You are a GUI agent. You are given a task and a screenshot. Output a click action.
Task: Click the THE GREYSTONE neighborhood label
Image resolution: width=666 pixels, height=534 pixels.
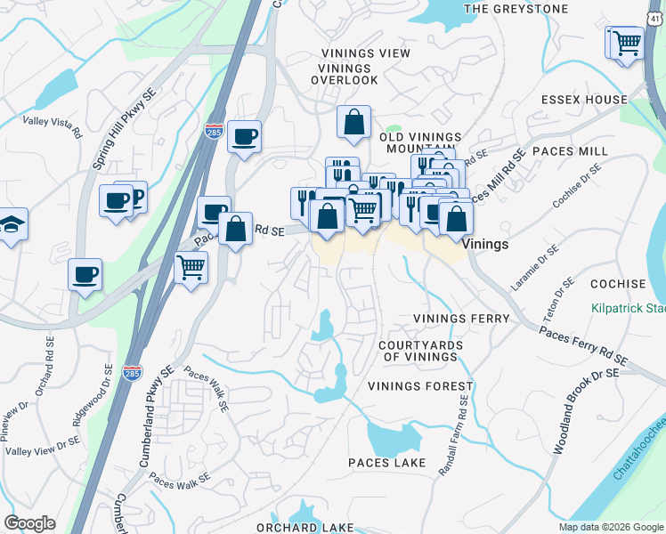516,9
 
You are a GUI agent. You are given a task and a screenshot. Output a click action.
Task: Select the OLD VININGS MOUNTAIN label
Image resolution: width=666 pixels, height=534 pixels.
420,144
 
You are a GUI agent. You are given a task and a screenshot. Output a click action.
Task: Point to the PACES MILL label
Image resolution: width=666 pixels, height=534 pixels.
570,152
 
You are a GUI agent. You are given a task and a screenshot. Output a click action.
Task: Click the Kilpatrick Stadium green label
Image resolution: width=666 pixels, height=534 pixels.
629,310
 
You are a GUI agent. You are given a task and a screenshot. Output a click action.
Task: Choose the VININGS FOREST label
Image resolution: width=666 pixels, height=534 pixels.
420,386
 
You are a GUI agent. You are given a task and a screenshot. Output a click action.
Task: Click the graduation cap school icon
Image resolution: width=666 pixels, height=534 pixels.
11,226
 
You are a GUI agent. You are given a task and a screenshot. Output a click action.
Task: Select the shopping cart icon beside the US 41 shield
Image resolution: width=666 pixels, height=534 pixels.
627,43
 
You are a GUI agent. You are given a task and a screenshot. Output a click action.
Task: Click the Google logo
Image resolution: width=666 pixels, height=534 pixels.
29,523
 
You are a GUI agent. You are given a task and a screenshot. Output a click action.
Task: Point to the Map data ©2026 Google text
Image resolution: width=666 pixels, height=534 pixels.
610,527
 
